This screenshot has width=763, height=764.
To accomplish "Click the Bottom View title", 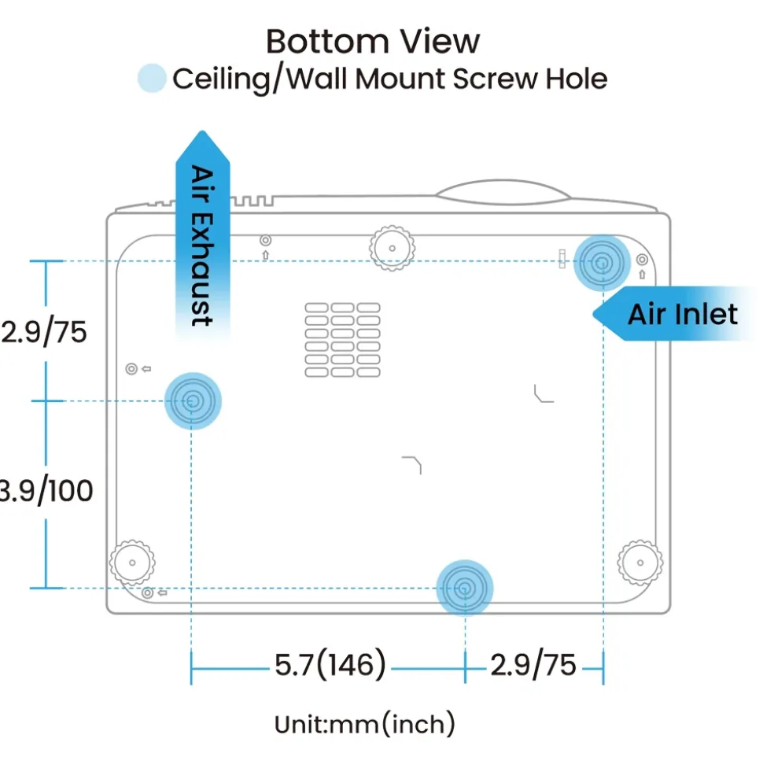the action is [373, 42].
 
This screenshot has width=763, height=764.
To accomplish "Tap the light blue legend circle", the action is [152, 78].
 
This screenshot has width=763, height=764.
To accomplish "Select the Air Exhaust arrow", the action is [203, 234].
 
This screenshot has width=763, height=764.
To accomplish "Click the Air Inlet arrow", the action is [675, 314].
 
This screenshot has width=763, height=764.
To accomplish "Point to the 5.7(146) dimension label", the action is [330, 664].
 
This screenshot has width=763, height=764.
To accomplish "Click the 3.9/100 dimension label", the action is [46, 490].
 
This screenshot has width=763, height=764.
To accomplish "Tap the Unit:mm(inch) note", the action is [365, 724].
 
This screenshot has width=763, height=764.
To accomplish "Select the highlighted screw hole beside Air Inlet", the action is [603, 263].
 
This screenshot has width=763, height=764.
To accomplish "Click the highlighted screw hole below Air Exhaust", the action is [193, 401].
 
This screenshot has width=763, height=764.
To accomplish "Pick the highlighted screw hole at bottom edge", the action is [465, 588].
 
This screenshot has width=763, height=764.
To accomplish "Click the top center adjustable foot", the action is [393, 248].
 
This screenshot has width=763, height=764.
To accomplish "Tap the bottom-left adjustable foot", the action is [132, 563].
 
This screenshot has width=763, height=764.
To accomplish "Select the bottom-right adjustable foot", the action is [640, 563].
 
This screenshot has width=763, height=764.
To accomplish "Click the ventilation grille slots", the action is [342, 340].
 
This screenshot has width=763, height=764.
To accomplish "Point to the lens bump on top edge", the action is [503, 191].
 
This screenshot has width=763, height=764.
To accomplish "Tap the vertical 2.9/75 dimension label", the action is [44, 332].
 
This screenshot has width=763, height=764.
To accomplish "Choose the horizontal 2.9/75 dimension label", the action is [533, 665].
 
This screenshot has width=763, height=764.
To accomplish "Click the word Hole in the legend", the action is [577, 78].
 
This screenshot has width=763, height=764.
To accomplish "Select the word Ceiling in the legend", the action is [222, 79].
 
